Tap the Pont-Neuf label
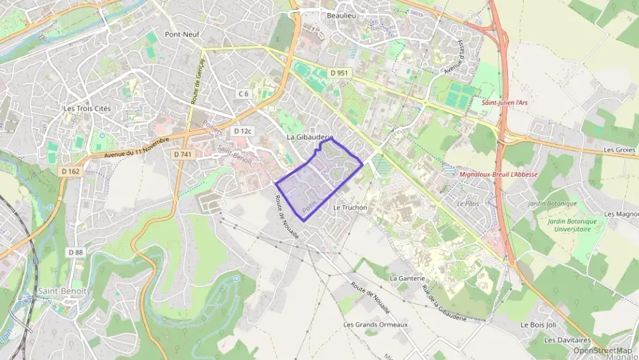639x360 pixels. pyautogui.click(x=182, y=33)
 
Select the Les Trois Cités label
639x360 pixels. pyautogui.click(x=87, y=108)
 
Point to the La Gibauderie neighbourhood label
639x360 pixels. pyautogui.click(x=309, y=137)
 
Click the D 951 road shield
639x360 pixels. pyautogui.click(x=338, y=73)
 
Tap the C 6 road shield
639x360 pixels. pyautogui.click(x=244, y=93)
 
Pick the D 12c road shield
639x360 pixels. pyautogui.click(x=242, y=130)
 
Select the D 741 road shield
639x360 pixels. pyautogui.click(x=182, y=155)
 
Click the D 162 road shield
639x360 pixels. pyautogui.click(x=71, y=170)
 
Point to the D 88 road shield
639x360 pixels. pyautogui.click(x=75, y=252)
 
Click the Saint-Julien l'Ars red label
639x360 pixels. pyautogui.click(x=505, y=102)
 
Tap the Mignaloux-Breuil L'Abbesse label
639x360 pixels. pyautogui.click(x=498, y=174)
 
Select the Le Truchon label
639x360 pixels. pyautogui.click(x=350, y=208)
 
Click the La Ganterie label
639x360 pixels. pyautogui.click(x=407, y=279)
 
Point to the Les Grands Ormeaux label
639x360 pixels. pyautogui.click(x=375, y=324)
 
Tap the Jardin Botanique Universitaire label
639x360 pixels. pyautogui.click(x=571, y=225)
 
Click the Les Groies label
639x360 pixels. pyautogui.click(x=619, y=150)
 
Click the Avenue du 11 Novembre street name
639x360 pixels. pyautogui.click(x=136, y=149)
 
